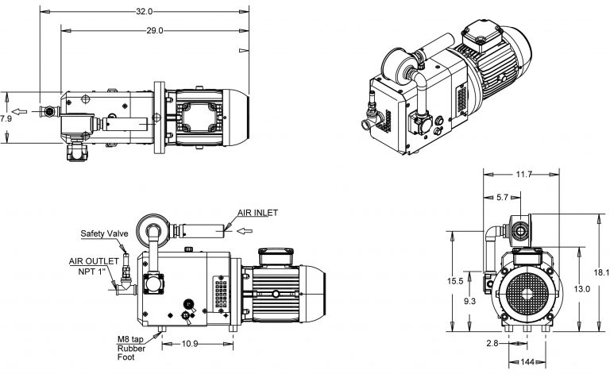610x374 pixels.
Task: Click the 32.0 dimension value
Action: (144, 12)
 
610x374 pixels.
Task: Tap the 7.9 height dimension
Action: (6, 118)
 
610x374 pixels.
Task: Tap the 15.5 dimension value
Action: (455, 281)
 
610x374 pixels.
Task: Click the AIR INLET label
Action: (259, 214)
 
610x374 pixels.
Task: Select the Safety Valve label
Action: (106, 234)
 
